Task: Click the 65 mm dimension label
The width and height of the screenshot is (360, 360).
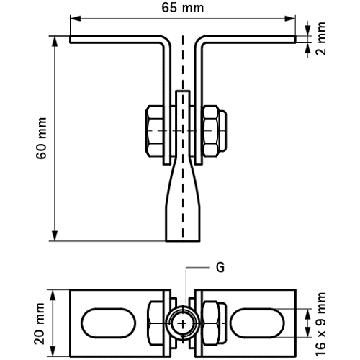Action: (x=183, y=8)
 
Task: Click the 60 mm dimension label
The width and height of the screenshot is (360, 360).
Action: (x=41, y=138)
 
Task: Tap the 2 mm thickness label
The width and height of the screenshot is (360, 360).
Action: (x=321, y=39)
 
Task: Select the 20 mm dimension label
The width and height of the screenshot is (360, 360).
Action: (x=40, y=323)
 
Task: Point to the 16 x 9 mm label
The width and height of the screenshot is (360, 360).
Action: (x=321, y=324)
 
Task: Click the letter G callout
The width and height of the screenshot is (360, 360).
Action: (x=220, y=267)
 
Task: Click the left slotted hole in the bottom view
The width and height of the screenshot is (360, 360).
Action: (x=109, y=323)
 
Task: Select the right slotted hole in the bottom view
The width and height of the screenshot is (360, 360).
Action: (x=257, y=323)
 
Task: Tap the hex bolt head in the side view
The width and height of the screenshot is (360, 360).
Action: (x=155, y=131)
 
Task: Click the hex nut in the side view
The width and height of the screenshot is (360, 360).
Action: (x=211, y=131)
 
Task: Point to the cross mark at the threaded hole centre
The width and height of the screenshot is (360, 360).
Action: (x=183, y=324)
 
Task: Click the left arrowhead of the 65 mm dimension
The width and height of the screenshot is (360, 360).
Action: (x=76, y=19)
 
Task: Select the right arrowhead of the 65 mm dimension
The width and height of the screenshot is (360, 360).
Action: (x=290, y=19)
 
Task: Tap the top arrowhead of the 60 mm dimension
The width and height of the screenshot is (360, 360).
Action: (x=55, y=42)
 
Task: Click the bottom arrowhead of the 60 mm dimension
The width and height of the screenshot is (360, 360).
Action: (x=55, y=235)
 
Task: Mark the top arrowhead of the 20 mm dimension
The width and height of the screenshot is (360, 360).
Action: (x=53, y=295)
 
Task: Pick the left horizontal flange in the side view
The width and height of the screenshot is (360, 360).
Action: (x=115, y=40)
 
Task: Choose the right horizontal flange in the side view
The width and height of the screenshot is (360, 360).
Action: (x=250, y=40)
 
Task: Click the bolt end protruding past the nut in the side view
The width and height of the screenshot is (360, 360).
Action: (x=223, y=131)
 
